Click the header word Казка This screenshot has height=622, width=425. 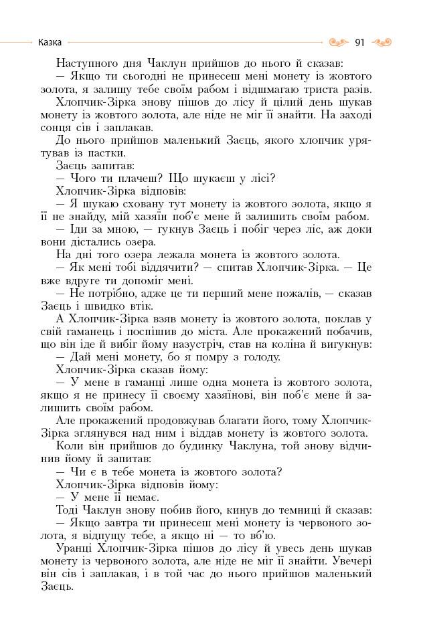coord(50,42)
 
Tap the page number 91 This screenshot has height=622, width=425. coord(359,43)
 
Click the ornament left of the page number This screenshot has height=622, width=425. coord(339,43)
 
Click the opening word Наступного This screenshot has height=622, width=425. coord(87,64)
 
